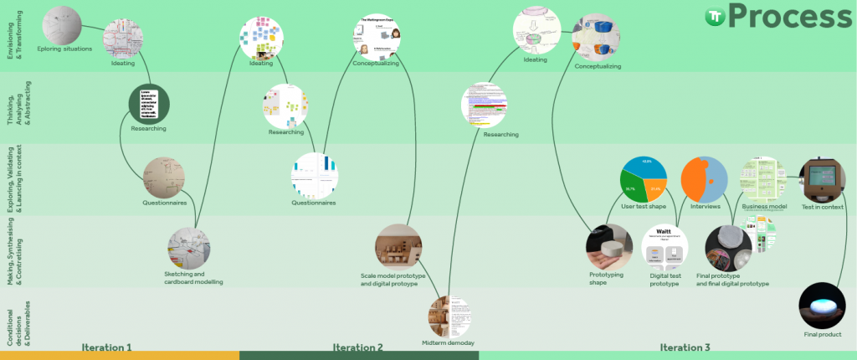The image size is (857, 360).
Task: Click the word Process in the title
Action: (x=791, y=18)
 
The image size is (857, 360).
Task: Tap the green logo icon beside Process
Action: (x=714, y=17)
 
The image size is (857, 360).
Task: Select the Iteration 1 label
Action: (x=106, y=347)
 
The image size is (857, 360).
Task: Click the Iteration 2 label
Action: (x=357, y=347)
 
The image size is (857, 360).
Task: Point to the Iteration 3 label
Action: (x=685, y=347)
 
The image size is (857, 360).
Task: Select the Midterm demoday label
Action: (x=448, y=343)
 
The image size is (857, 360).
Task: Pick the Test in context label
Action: (x=824, y=207)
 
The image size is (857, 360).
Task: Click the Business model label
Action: (x=763, y=207)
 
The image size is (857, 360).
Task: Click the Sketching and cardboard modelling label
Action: (x=193, y=278)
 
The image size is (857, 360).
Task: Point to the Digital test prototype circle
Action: (x=664, y=248)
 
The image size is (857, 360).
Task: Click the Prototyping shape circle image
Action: (x=608, y=249)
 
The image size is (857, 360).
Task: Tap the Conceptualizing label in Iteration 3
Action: (x=598, y=66)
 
